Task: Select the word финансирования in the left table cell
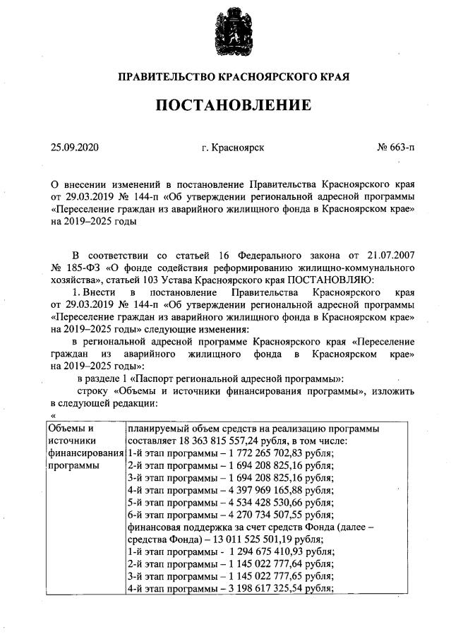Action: pos(84,453)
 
